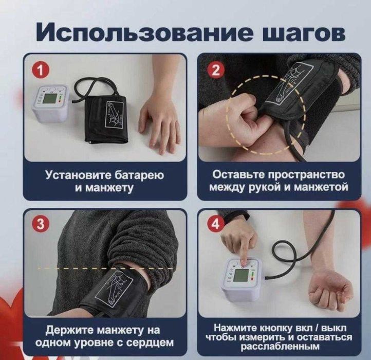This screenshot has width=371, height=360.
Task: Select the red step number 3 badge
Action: [37, 225]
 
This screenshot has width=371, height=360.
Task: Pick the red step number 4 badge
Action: [215, 225]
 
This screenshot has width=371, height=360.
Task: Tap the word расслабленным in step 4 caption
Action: [277, 347]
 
